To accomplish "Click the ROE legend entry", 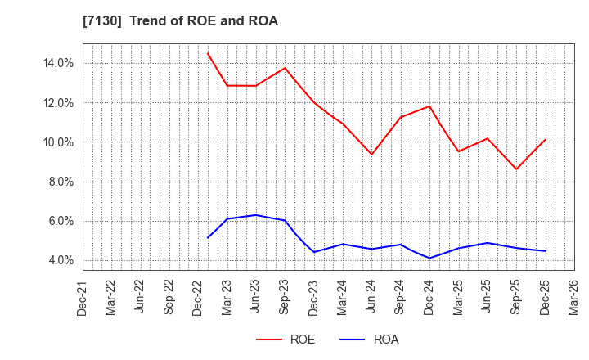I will [286, 340].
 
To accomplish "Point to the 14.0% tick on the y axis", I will [58, 63].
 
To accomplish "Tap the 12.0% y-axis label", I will [58, 103].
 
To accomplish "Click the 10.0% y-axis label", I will [58, 142].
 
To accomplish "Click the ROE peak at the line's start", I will [208, 54].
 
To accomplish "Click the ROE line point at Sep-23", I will [285, 68].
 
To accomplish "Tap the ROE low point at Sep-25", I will [516, 169].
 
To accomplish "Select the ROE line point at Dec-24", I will [429, 106].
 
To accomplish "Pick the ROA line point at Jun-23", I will [256, 215].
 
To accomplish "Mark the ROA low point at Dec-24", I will [429, 258].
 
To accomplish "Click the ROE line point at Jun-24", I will [371, 155].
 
